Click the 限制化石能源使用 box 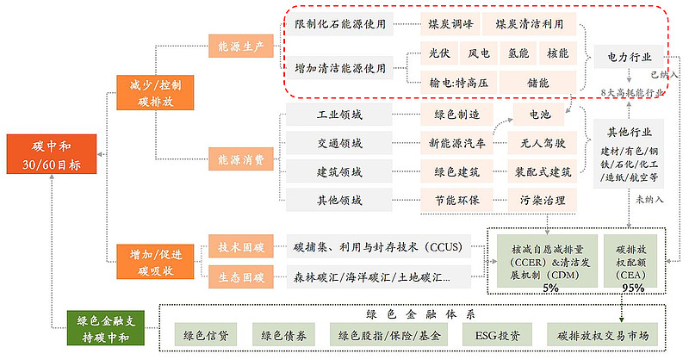pyautogui.click(x=339, y=24)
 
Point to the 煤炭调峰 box pyautogui.click(x=449, y=24)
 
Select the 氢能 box pyautogui.click(x=518, y=53)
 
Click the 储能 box pyautogui.click(x=537, y=83)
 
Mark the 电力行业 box pyautogui.click(x=628, y=58)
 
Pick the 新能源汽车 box pyautogui.click(x=456, y=143)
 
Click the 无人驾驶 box pyautogui.click(x=542, y=143)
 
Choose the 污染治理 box pyautogui.click(x=542, y=200)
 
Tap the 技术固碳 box pyautogui.click(x=236, y=248)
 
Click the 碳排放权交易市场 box pyautogui.click(x=603, y=335)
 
